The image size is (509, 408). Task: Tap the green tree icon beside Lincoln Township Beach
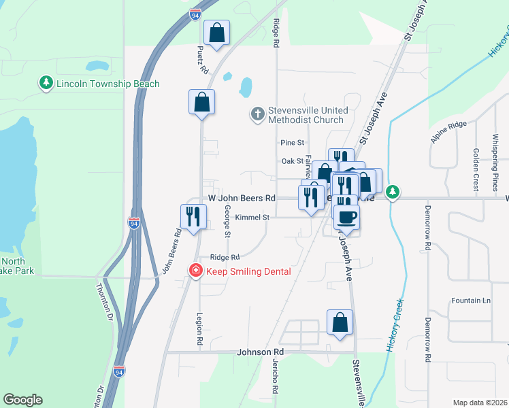pos(46,83)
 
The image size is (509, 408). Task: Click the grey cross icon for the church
pos(257,114)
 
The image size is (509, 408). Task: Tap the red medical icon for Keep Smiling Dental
pos(196,271)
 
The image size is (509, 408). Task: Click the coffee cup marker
pos(346,217)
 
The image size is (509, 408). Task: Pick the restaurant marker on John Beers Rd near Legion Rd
pos(193,216)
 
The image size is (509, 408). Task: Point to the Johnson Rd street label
pos(259,353)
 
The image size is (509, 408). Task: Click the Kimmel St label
pos(252,218)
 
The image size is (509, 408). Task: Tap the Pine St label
pos(291,143)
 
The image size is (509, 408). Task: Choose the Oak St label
pos(292,161)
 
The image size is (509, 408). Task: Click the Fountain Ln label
pos(471,301)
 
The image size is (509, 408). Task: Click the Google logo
pos(22,400)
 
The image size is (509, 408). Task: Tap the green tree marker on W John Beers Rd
pos(393,192)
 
